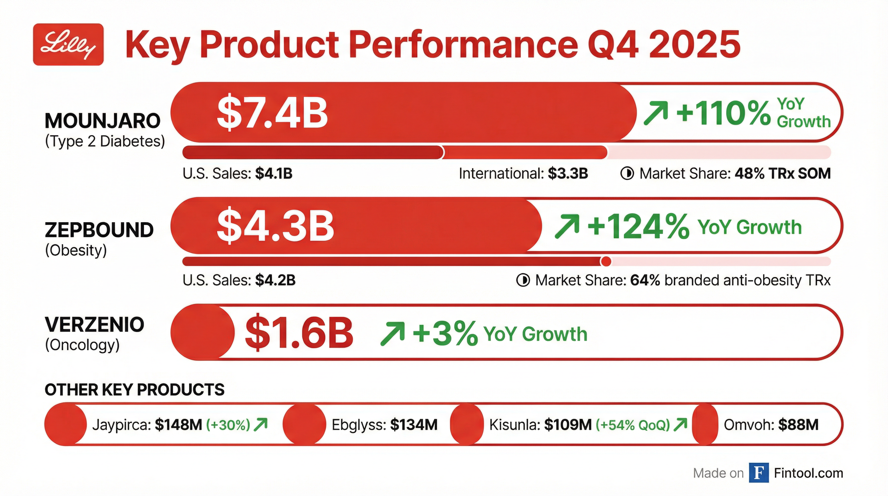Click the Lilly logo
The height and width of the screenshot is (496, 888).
(68, 45)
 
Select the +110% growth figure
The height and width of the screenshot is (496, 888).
(723, 113)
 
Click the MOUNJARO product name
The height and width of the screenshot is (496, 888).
(102, 121)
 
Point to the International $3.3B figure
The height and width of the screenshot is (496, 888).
(568, 173)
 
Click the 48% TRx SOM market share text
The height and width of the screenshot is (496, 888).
(782, 173)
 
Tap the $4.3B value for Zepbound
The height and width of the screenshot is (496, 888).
(275, 226)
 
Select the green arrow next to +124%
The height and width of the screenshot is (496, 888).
(567, 226)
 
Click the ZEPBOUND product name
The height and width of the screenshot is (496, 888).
(99, 230)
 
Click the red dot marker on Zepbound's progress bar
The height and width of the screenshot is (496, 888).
(606, 262)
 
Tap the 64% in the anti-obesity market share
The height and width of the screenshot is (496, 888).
(645, 280)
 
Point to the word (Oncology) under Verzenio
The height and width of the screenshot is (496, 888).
(82, 345)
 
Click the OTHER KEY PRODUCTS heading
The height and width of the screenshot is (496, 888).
(135, 390)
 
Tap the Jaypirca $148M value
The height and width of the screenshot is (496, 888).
(178, 425)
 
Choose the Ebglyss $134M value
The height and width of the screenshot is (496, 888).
(414, 425)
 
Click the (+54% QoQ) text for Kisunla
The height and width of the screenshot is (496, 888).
(632, 425)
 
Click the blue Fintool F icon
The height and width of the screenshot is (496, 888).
(759, 473)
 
